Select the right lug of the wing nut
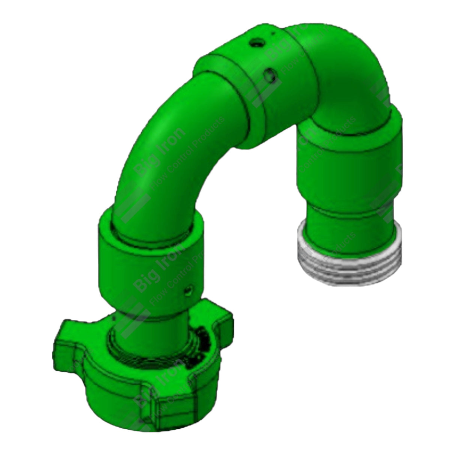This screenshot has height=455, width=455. [221, 320]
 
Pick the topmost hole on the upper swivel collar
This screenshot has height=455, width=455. [256, 44]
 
